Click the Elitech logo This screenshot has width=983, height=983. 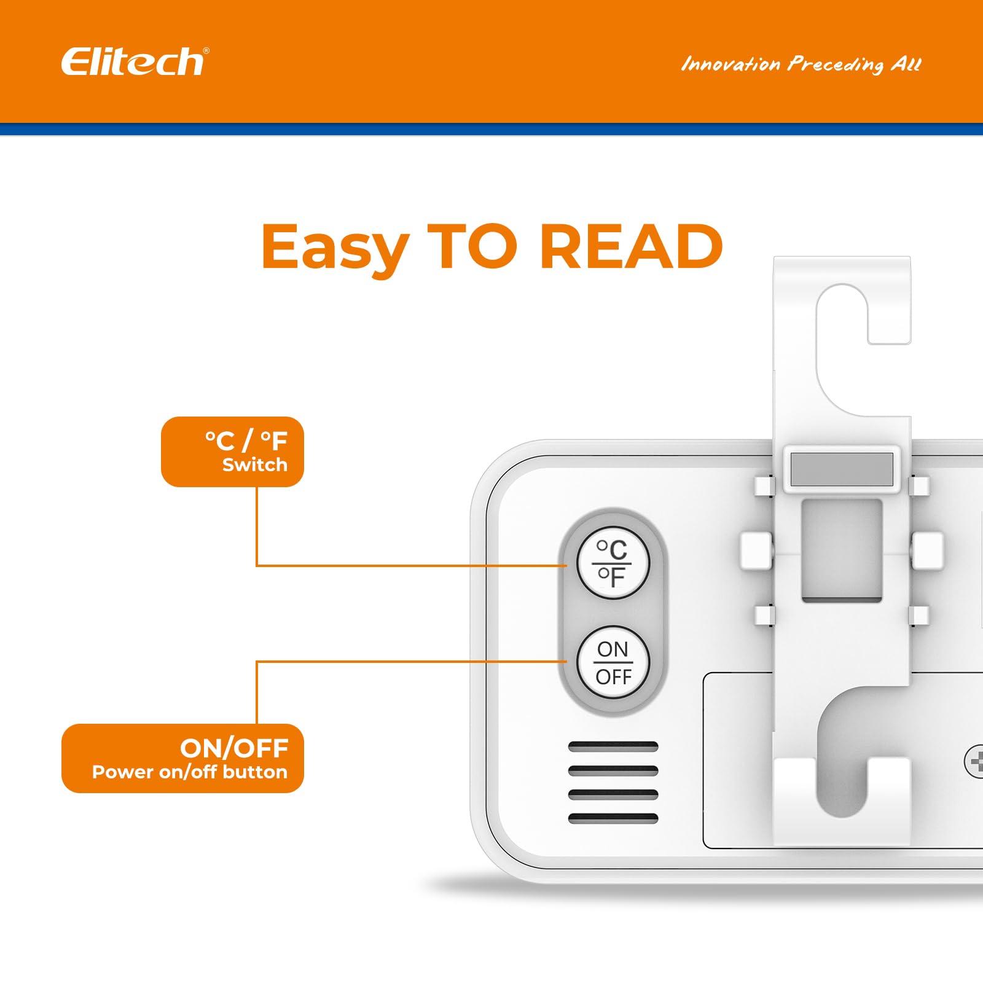(x=135, y=62)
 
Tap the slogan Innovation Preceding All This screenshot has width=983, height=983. (x=801, y=64)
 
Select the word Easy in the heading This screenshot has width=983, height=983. (x=335, y=248)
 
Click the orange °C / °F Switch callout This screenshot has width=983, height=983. (x=232, y=452)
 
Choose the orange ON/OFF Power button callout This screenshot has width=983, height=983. (x=182, y=758)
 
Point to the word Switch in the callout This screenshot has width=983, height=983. (x=254, y=465)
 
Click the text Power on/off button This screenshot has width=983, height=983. (x=189, y=772)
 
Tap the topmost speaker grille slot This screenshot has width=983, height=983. (x=613, y=747)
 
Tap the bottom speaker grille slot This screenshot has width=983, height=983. (x=613, y=818)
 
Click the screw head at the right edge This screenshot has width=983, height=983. (x=975, y=762)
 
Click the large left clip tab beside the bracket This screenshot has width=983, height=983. (x=756, y=550)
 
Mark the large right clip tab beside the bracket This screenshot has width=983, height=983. (x=927, y=550)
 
